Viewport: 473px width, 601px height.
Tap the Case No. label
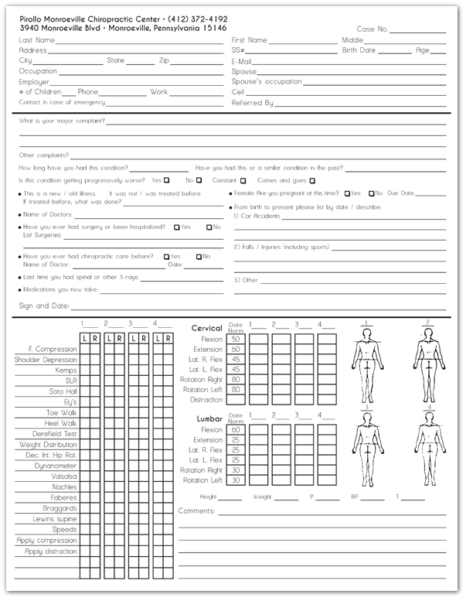[x=373, y=29]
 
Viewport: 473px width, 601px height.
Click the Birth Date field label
[x=359, y=50]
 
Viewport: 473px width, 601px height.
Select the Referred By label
[x=252, y=102]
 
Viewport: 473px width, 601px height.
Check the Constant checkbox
[x=243, y=180]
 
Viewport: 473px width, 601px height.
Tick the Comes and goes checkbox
[x=311, y=180]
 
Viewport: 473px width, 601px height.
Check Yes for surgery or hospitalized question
[x=177, y=227]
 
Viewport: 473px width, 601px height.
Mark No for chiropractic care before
[x=199, y=256]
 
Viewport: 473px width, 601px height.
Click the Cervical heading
[x=206, y=328]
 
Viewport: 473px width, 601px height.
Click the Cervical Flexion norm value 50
[x=235, y=338]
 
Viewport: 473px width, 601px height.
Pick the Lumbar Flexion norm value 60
[x=235, y=429]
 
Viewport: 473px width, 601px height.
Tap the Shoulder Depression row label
[x=46, y=360]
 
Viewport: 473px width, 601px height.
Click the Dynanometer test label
[x=56, y=466]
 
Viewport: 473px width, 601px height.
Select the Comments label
[x=196, y=511]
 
